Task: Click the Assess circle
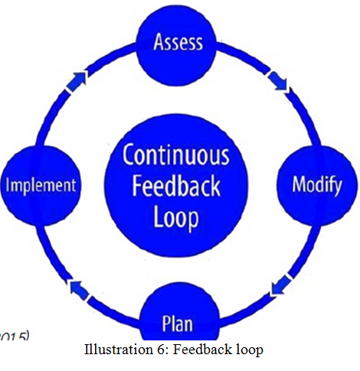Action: (177, 41)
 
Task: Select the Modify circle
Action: (316, 184)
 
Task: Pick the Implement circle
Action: (41, 184)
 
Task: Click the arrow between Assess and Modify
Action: (279, 82)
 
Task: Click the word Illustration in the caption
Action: (115, 350)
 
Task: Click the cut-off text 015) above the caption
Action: (15, 336)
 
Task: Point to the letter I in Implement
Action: (8, 184)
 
